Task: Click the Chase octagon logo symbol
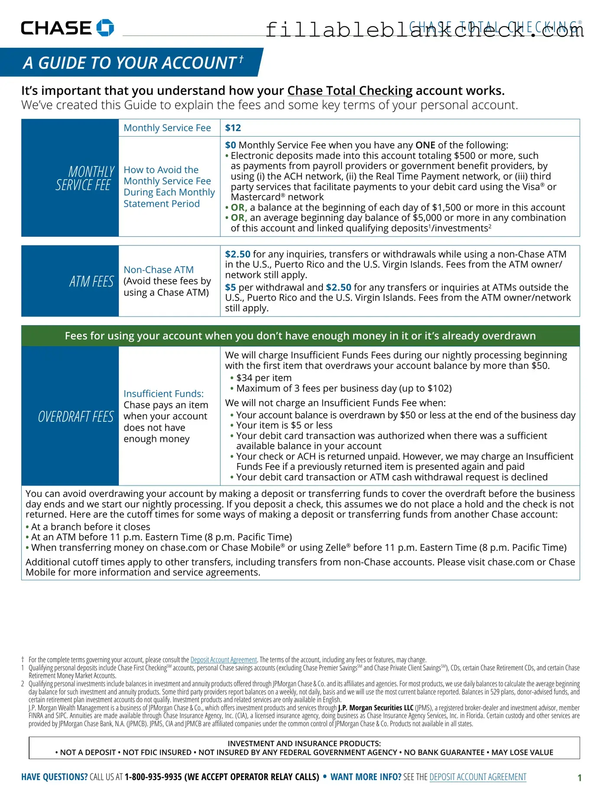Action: (x=105, y=28)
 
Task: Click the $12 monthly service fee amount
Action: (x=233, y=128)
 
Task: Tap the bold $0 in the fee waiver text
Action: (x=230, y=145)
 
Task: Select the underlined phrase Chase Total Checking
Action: (x=350, y=91)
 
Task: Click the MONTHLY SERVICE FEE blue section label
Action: (x=84, y=178)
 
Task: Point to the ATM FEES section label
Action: (x=91, y=282)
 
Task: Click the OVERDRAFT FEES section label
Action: (x=76, y=417)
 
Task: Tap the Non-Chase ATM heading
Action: (x=159, y=270)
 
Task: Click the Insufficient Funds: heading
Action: (x=163, y=394)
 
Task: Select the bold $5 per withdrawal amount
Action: (x=230, y=287)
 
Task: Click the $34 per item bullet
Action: (x=263, y=378)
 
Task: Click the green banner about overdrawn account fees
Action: (x=300, y=336)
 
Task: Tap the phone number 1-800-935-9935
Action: (x=153, y=777)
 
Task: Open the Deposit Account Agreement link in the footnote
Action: (x=224, y=660)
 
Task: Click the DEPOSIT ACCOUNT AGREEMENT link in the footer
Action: (x=478, y=777)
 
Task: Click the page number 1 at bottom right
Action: (x=579, y=778)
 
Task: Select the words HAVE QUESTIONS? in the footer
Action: (x=54, y=777)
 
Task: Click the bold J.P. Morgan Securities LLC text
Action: (x=376, y=708)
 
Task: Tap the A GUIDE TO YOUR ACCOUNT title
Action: (x=130, y=63)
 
